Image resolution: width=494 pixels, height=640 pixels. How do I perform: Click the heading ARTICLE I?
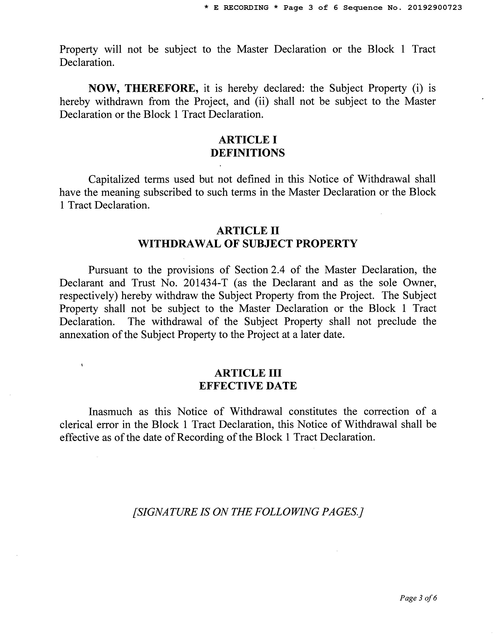tap(248, 140)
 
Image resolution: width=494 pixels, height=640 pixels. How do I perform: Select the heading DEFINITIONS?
tap(248, 153)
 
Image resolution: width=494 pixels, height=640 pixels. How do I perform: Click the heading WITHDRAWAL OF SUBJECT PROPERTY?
tap(248, 244)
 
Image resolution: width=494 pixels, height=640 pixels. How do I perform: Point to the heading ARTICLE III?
tap(248, 373)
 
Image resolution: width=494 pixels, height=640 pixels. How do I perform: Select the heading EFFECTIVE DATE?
tap(248, 386)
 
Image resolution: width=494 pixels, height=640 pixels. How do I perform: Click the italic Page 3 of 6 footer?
tap(418, 598)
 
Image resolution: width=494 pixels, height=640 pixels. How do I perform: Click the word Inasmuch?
tap(110, 412)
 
